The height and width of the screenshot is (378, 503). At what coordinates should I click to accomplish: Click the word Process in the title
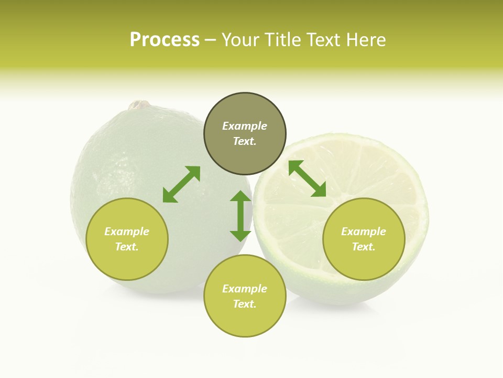click(x=165, y=40)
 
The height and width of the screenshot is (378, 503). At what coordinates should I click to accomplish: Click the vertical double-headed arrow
click(x=240, y=216)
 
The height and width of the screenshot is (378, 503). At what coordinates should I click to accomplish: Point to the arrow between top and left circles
click(x=181, y=184)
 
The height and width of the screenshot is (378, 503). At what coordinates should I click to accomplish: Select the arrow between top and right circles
click(x=307, y=178)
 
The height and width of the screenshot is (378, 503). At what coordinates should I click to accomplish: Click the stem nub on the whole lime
click(x=139, y=105)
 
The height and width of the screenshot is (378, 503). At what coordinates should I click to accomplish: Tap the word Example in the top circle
click(x=245, y=126)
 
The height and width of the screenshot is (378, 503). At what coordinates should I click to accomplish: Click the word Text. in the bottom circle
click(x=245, y=304)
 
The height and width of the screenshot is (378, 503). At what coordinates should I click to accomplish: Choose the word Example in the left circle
click(x=127, y=232)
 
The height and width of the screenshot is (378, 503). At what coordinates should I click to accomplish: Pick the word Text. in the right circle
click(x=364, y=247)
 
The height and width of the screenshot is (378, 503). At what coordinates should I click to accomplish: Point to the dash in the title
click(x=211, y=40)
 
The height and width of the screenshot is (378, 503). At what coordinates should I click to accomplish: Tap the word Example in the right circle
click(x=364, y=232)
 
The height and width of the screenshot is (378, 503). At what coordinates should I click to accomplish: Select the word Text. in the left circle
click(x=127, y=247)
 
